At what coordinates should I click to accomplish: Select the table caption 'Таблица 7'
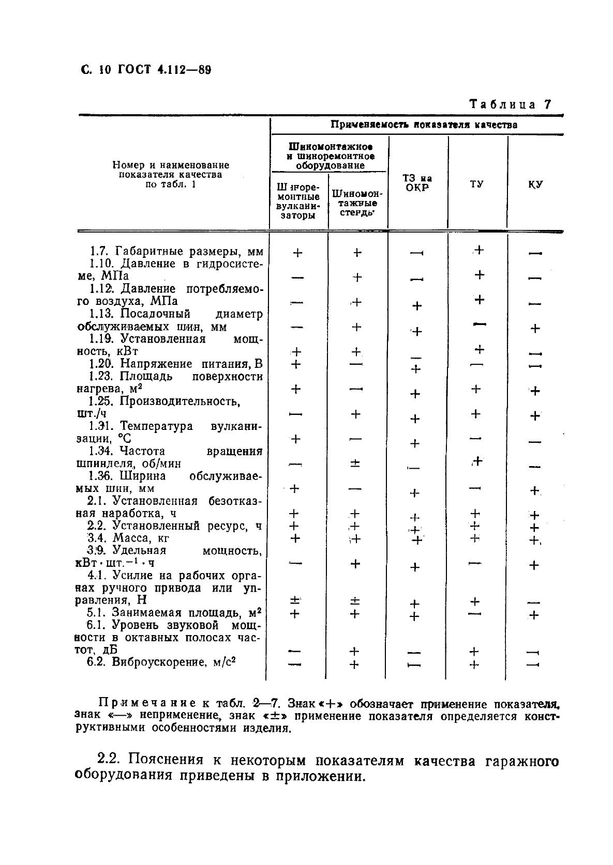pos(510,104)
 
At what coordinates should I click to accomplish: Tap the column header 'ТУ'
pos(476,184)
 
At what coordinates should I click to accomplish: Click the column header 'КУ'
pos(536,184)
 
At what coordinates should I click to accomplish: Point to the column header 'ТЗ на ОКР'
pos(417,183)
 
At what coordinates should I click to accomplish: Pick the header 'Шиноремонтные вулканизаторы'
pos(298,200)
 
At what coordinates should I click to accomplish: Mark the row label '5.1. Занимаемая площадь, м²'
pos(173,613)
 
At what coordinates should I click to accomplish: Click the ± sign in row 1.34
pos(355,464)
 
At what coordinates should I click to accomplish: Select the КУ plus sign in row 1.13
pos(535,328)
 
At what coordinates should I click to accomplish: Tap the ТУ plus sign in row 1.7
pos(479,250)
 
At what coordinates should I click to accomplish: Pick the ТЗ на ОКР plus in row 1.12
pos(417,306)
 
